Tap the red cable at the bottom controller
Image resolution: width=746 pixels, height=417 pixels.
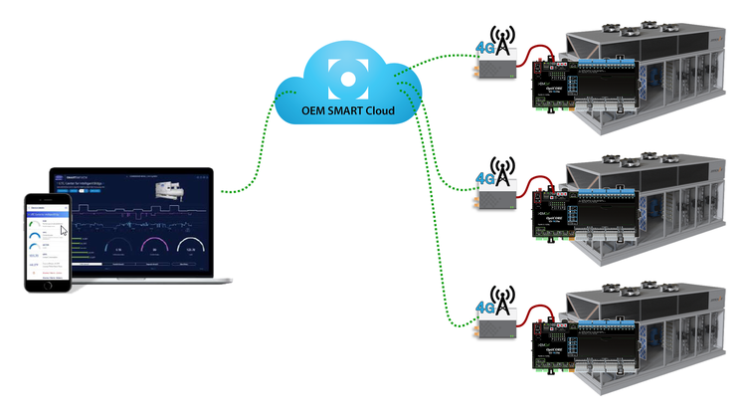point(538,312)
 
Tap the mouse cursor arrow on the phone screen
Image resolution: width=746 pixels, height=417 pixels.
point(65,231)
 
